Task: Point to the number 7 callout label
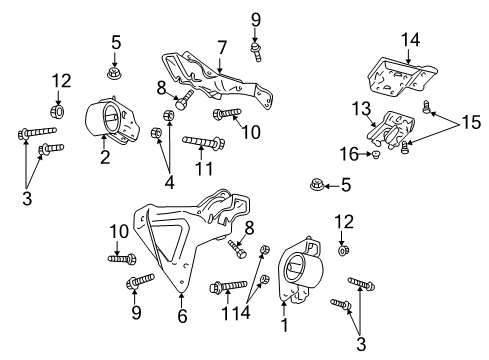pyautogui.click(x=221, y=46)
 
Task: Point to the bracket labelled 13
pyautogui.click(x=391, y=132)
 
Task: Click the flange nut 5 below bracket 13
pyautogui.click(x=317, y=184)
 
